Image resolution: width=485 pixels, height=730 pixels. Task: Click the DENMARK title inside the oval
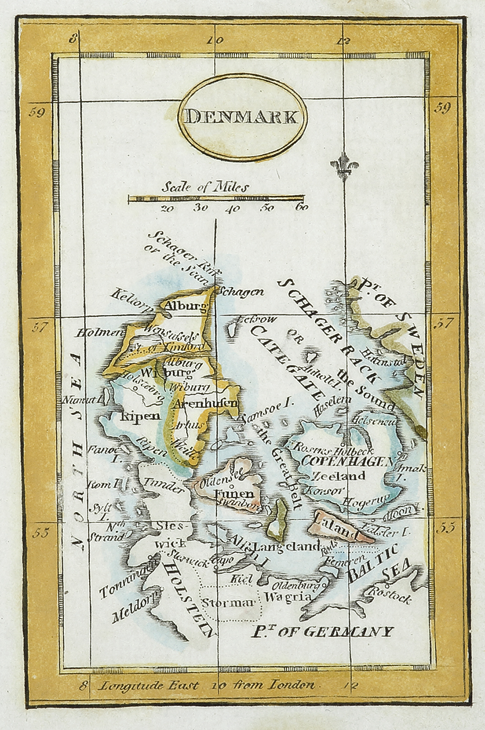[242, 117]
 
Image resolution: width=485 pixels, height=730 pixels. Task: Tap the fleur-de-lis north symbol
[344, 167]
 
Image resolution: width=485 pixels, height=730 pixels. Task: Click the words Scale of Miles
[205, 187]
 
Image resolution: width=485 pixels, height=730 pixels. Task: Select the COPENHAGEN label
[347, 461]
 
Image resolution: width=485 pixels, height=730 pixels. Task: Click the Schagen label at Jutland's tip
[240, 292]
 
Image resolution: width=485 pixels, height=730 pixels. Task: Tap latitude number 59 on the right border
[442, 108]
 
